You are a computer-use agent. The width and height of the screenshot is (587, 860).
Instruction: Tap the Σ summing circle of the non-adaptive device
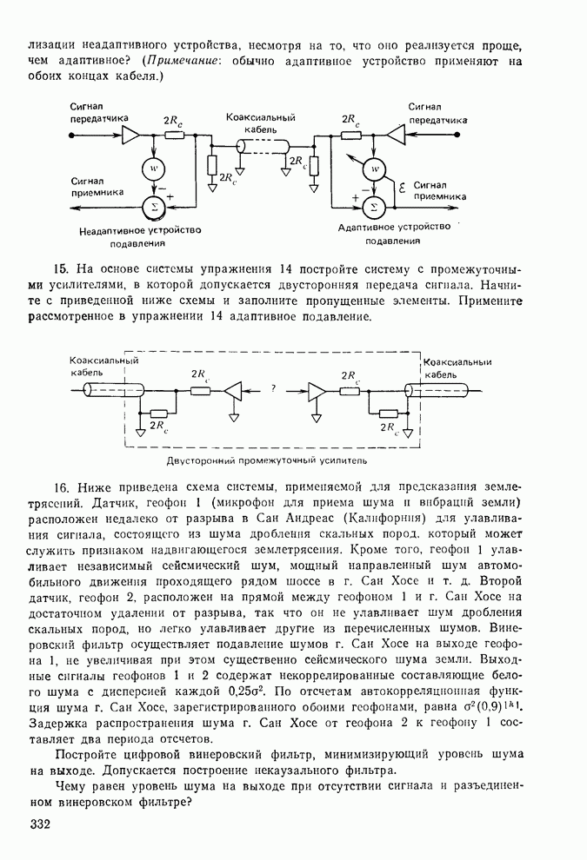[x=154, y=205]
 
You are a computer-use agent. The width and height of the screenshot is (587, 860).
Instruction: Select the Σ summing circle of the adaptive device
[x=375, y=206]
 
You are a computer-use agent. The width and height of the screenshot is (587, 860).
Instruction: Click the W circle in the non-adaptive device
[x=154, y=167]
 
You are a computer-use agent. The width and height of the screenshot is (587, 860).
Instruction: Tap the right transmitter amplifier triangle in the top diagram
[x=396, y=136]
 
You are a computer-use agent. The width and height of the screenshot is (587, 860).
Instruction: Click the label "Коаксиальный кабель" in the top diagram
[x=261, y=122]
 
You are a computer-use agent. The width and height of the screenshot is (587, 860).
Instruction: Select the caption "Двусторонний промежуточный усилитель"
[x=268, y=460]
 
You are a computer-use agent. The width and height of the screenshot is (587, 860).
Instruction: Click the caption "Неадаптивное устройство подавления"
[x=140, y=237]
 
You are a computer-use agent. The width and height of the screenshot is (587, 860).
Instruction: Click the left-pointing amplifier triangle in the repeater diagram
[x=234, y=392]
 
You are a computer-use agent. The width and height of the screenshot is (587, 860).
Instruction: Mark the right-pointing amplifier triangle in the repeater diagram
[x=316, y=392]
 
